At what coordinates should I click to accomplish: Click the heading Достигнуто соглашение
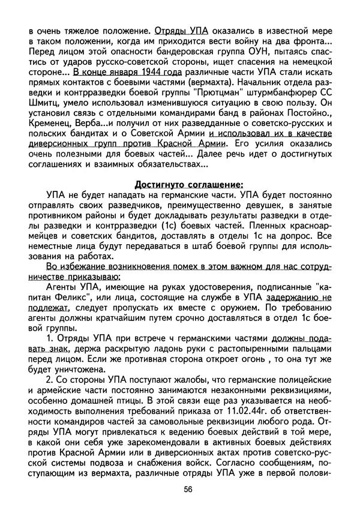(188, 184)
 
